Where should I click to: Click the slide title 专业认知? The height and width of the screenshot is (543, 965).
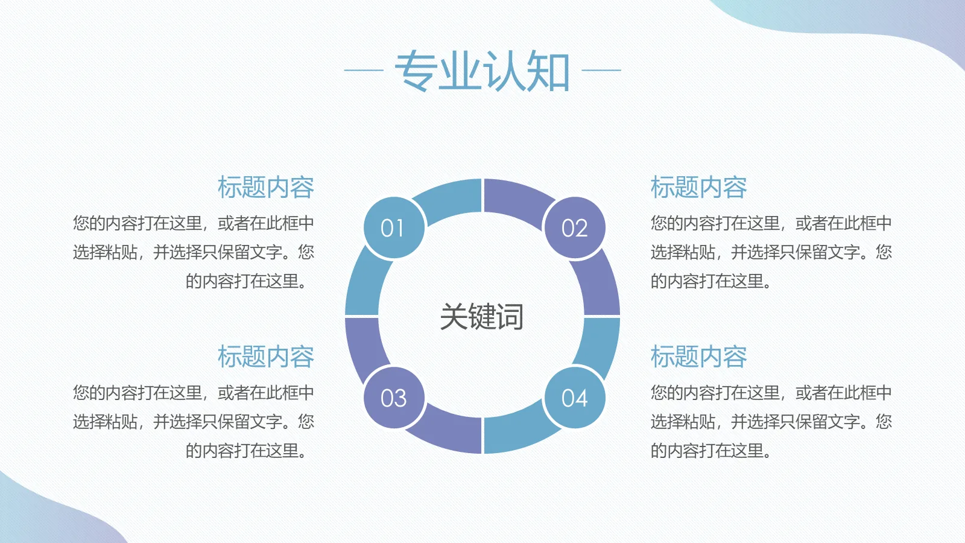click(482, 71)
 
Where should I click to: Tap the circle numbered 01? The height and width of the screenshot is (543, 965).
click(394, 228)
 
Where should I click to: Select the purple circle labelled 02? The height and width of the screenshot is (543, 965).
click(574, 228)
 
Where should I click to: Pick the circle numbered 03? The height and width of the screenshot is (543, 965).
click(394, 398)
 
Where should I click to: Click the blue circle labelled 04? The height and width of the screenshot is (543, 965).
click(574, 398)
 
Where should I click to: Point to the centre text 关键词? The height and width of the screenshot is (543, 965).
click(481, 317)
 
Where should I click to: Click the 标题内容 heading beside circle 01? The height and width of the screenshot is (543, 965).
click(265, 188)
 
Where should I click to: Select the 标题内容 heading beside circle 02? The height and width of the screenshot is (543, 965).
click(698, 188)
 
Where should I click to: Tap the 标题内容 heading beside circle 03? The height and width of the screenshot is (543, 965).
click(265, 357)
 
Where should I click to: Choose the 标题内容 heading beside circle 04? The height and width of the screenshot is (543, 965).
click(698, 357)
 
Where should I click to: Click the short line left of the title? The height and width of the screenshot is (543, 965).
click(364, 70)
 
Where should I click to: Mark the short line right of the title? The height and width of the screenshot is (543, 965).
click(601, 70)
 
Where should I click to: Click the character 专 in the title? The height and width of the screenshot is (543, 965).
click(416, 71)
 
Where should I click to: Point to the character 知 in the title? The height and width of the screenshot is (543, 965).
click(549, 71)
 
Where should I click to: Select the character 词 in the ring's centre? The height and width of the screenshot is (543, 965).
click(510, 317)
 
